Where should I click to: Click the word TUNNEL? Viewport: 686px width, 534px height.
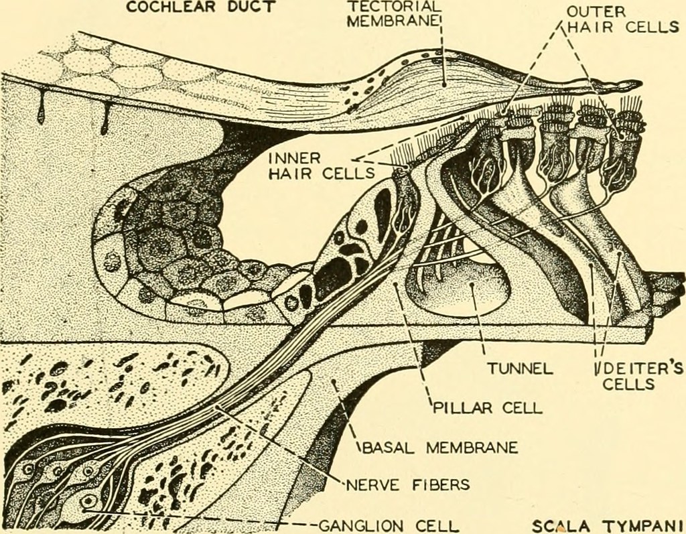pyautogui.click(x=520, y=368)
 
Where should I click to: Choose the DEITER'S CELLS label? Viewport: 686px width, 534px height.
pyautogui.click(x=636, y=376)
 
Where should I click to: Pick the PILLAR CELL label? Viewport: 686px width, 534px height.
pyautogui.click(x=487, y=407)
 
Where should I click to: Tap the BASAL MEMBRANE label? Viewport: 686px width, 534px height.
pyautogui.click(x=439, y=447)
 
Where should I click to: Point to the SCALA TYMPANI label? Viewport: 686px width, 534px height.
pyautogui.click(x=608, y=525)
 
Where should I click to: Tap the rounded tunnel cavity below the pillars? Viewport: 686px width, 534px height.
pyautogui.click(x=472, y=288)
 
